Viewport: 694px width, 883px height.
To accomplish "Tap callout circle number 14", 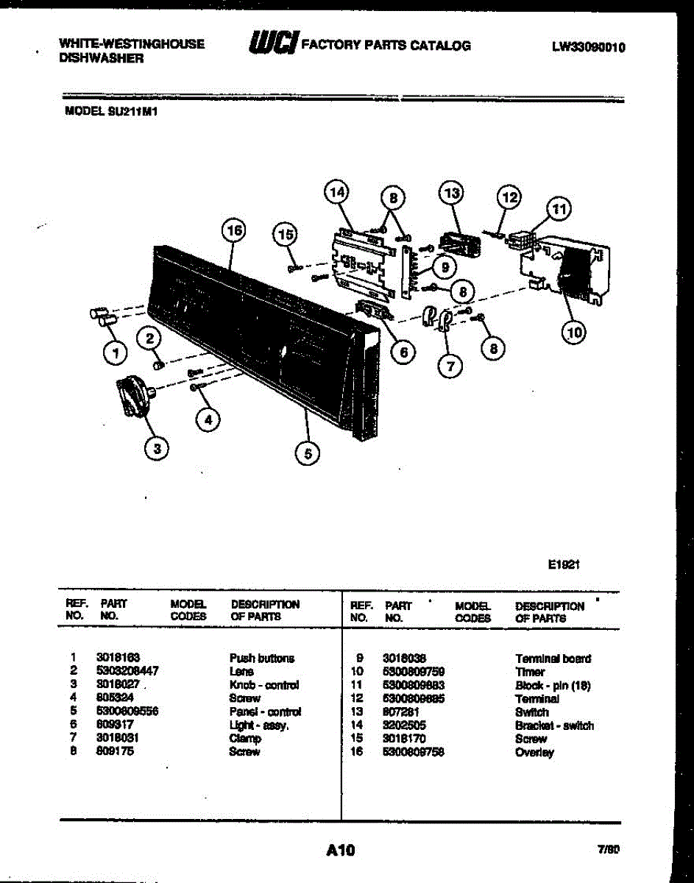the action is pos(336,193).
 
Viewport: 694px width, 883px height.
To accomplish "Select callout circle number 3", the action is pos(156,447).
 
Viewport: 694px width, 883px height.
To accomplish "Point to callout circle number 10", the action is pos(574,333).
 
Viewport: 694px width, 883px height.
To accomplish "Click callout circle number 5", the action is pos(308,454).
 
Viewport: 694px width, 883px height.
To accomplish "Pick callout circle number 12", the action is pos(509,196).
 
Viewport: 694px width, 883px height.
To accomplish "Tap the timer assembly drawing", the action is pos(567,269).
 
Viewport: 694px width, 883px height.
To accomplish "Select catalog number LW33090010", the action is pos(589,47).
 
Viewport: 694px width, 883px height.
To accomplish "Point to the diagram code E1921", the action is pos(564,566).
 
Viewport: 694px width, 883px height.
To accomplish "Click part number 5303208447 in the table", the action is pos(127,671).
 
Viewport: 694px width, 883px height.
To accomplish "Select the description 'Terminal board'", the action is pos(553,659).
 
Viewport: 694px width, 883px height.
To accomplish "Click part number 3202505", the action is pos(404,726).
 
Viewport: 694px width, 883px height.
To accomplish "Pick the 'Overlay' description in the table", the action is pos(534,753).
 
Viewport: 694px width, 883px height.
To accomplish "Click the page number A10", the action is pos(340,851).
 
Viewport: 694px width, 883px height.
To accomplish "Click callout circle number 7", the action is pos(450,364).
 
